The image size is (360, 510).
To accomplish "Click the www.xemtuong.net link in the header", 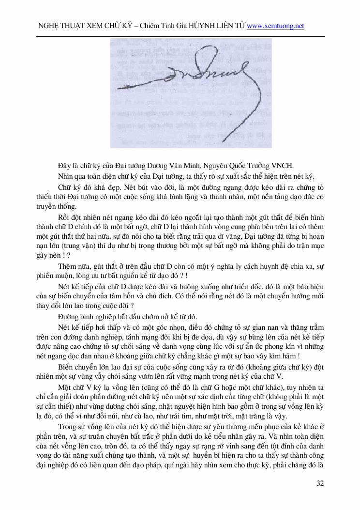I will [275, 26].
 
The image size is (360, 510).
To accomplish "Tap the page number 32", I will [320, 483].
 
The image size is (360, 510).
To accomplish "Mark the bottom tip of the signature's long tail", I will [223, 141].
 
